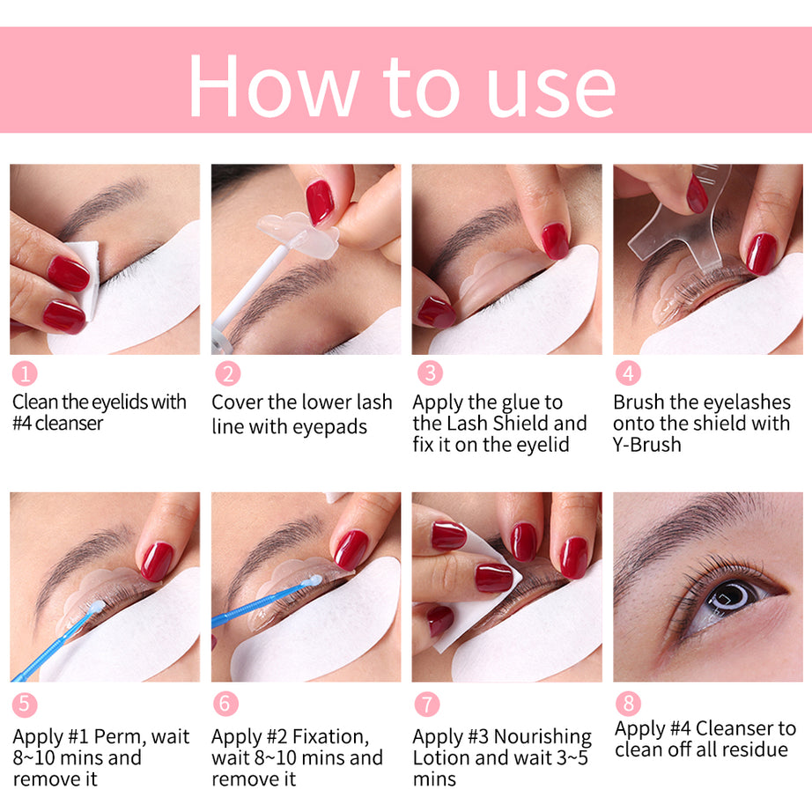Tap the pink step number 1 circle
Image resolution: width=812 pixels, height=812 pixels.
[x=25, y=373]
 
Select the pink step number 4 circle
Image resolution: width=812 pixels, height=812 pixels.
[x=627, y=373]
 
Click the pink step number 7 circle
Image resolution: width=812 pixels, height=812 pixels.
[x=426, y=705]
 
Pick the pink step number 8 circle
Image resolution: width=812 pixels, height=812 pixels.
[x=628, y=703]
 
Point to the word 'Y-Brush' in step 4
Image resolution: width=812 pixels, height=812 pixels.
[x=647, y=445]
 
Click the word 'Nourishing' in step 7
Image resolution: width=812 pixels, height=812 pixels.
[x=543, y=736]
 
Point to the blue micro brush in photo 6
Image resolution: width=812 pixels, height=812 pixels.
[x=264, y=602]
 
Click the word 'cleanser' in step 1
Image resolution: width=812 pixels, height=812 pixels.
[x=70, y=424]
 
